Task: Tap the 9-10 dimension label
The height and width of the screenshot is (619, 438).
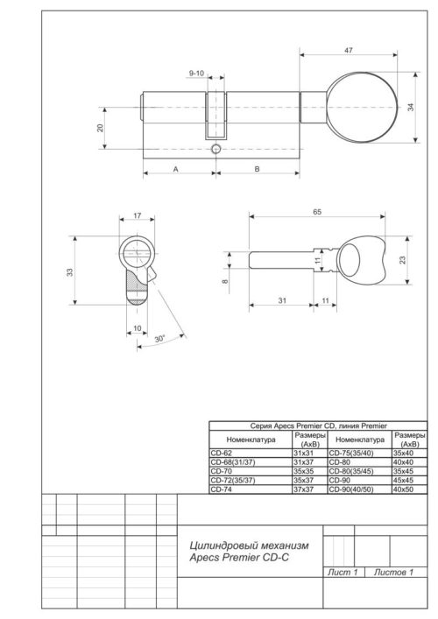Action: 196,74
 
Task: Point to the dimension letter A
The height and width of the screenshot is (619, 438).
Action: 176,169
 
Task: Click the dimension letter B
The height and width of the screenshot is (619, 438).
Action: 257,169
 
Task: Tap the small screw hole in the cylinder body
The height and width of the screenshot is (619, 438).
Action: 215,151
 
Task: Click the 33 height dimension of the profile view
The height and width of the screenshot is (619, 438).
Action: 70,273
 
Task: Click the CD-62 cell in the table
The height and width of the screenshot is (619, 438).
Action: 222,453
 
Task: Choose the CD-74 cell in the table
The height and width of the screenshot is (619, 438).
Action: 222,489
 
